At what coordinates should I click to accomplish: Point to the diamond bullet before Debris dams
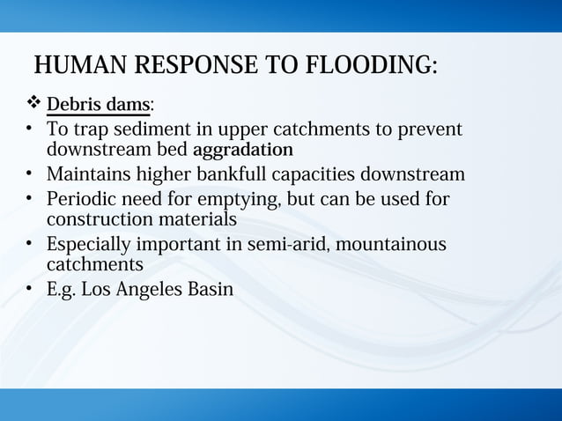tap(33, 105)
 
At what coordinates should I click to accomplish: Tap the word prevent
tap(429, 129)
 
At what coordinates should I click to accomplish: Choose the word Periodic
tap(81, 199)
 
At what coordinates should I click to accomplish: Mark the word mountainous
tap(391, 244)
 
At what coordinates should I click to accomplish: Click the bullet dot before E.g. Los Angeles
tap(28, 288)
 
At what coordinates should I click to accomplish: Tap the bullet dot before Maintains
tap(28, 174)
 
